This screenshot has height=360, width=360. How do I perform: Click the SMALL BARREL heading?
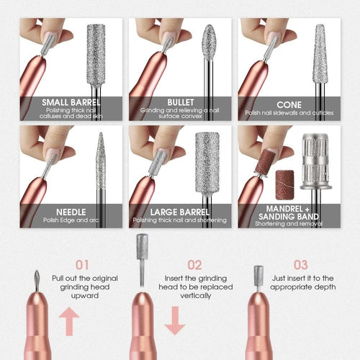coord(71,102)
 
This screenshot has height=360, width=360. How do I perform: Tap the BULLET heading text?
coord(181,102)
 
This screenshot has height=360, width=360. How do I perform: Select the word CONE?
coord(289,105)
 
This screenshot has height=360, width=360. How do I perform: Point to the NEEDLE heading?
coord(71,212)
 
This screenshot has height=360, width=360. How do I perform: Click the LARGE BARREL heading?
coord(180,212)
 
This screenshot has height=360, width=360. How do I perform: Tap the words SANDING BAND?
coord(289,217)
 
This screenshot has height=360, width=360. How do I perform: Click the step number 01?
coord(82,265)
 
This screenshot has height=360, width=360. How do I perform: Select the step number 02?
coord(194,265)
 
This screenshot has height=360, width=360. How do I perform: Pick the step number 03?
coord(301,265)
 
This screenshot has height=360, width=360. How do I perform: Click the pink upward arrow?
coord(69,321)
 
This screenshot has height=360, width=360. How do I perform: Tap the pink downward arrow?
coord(175,320)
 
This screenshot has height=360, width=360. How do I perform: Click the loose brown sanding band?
coord(285,185)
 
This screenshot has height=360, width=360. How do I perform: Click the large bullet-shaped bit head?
coord(209,42)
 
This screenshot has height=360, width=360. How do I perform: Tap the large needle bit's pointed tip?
coord(101,132)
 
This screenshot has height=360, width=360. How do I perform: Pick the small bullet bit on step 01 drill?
coord(37,280)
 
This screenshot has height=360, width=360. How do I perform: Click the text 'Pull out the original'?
coord(85,279)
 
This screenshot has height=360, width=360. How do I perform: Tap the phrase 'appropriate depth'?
coord(303,287)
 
